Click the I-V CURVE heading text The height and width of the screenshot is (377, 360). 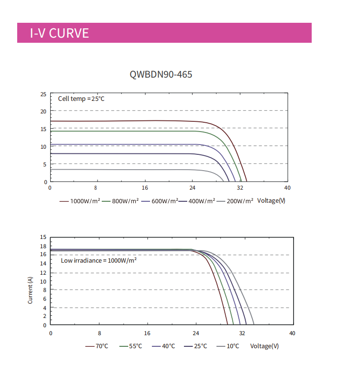pos(59,33)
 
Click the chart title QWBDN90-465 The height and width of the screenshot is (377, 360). pos(161,74)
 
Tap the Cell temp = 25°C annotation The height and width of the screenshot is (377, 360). pos(81,99)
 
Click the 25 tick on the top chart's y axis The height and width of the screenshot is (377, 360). pos(43,94)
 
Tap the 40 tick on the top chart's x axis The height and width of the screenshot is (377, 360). pos(287,188)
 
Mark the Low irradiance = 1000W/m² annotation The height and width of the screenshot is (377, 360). pos(98,261)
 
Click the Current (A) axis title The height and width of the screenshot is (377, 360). pos(30,290)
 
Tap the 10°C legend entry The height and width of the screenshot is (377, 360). pos(233,346)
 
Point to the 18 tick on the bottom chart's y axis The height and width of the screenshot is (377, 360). pos(43,246)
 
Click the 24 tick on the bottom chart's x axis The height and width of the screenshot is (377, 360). pos(196,333)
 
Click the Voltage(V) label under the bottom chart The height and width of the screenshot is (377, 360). pos(264,346)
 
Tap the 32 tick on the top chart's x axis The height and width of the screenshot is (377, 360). pos(240,188)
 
